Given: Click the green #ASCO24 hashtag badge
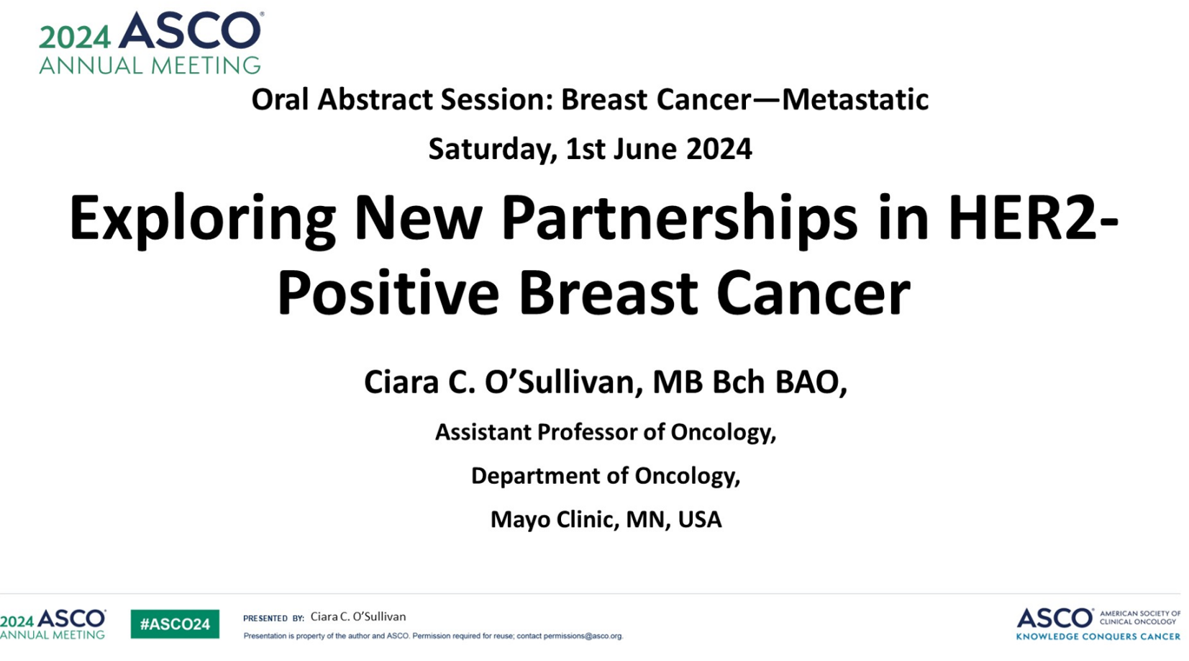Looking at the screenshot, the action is pos(175,624).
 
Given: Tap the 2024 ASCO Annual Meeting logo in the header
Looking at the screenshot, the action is pos(151,42).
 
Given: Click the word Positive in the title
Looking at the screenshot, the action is pos(388,293).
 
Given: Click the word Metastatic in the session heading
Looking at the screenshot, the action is pos(856,99).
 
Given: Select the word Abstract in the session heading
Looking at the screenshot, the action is pos(375,99).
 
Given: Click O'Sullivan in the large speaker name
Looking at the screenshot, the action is pos(563,382).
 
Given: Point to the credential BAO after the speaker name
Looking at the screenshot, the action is pos(811,382).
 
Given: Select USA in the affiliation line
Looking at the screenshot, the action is pos(700,519).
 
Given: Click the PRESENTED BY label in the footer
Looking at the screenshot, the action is pos(273,618).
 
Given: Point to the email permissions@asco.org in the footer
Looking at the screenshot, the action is pos(583,636).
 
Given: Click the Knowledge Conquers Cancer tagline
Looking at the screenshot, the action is pos(1098,636).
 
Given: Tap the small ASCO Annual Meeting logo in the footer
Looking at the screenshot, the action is pos(53,624).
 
